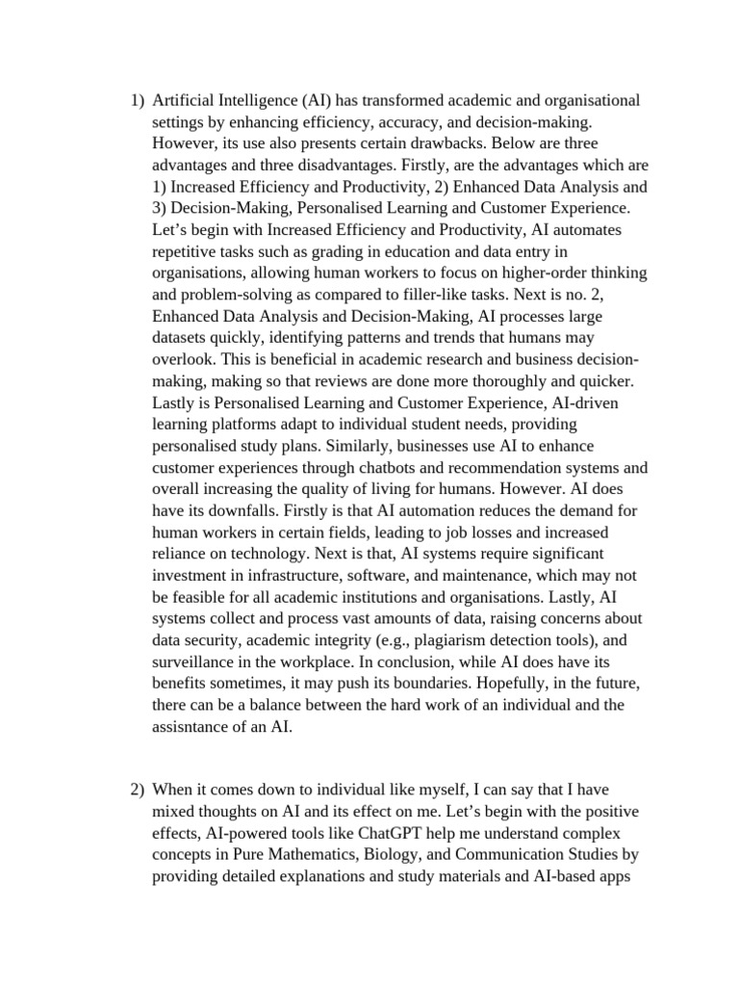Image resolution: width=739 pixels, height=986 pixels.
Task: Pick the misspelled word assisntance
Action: (199, 726)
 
